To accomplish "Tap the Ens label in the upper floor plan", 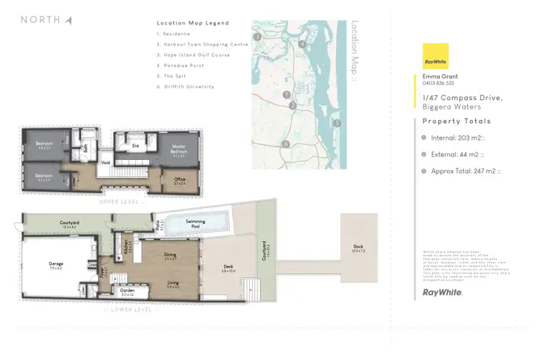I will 135,145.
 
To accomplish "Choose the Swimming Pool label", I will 195,222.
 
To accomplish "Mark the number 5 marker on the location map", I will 337,122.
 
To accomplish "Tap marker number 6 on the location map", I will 286,144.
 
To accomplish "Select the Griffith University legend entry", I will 185,86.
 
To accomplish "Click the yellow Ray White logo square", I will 436,55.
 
